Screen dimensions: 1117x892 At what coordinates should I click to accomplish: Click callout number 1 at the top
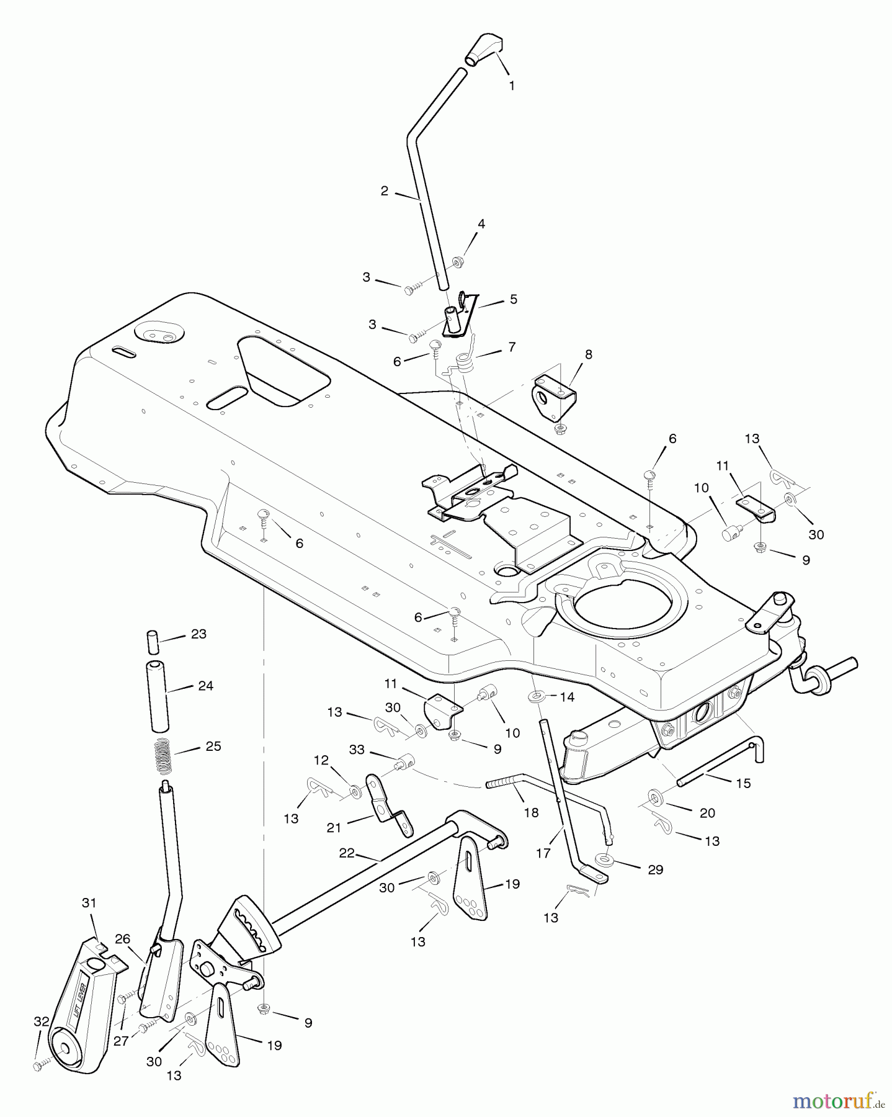512,86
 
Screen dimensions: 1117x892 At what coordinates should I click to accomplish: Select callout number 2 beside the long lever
385,191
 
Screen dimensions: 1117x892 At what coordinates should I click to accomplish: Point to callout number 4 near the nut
481,224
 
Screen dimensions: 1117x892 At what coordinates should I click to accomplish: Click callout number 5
512,299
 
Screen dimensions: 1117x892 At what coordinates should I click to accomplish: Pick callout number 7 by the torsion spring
511,347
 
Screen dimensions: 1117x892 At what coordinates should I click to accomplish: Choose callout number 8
588,354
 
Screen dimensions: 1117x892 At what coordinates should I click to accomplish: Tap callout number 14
567,697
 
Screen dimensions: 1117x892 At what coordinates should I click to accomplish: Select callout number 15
743,783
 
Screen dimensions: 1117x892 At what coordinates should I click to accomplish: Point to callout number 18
531,812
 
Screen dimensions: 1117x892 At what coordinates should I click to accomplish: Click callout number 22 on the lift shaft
346,853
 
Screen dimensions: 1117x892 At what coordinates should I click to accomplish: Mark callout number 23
198,634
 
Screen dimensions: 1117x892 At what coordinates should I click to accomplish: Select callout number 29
655,869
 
